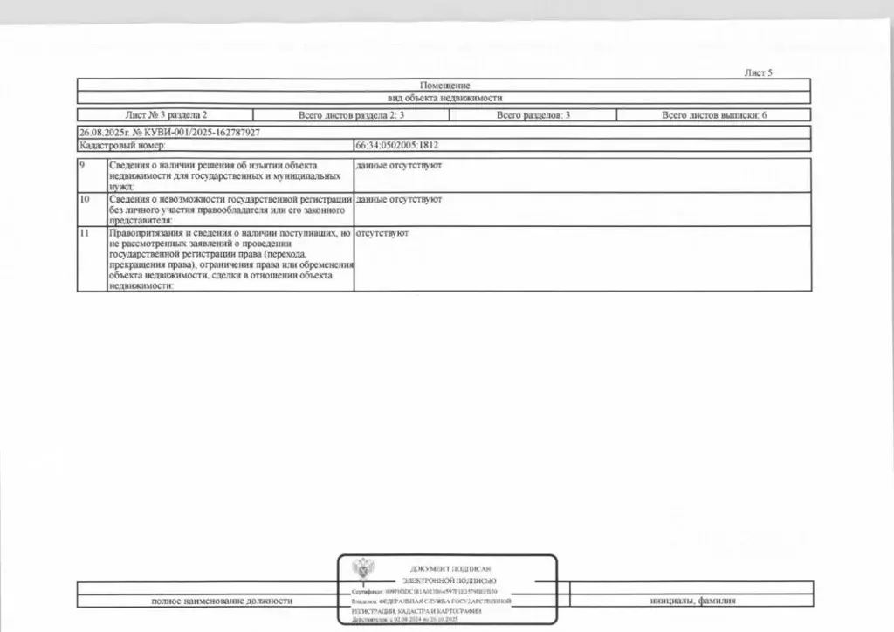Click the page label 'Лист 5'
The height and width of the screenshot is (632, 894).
tap(758, 73)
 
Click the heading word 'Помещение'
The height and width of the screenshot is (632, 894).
tap(445, 86)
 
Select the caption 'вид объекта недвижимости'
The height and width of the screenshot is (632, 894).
tap(445, 99)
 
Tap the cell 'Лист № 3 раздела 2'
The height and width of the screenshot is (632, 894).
tap(167, 115)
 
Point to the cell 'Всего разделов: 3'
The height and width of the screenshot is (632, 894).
tap(534, 115)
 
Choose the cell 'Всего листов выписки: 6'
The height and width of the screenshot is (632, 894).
tap(714, 115)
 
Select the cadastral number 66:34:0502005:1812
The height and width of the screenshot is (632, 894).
tap(397, 146)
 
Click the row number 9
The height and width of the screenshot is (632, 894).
tap(83, 165)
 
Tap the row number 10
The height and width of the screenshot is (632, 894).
tap(85, 200)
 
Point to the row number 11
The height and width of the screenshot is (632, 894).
tap(85, 235)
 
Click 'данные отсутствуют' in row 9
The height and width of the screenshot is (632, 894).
tap(399, 165)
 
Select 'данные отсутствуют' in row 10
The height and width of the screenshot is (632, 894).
tap(399, 200)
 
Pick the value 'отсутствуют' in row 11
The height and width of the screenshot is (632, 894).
tap(382, 235)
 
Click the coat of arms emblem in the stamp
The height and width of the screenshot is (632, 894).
tap(360, 570)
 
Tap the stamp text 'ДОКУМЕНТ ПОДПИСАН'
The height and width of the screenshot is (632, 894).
tap(449, 569)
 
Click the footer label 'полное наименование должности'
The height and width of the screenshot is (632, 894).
tap(222, 601)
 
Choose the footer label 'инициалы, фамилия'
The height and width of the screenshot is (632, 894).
tap(692, 601)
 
